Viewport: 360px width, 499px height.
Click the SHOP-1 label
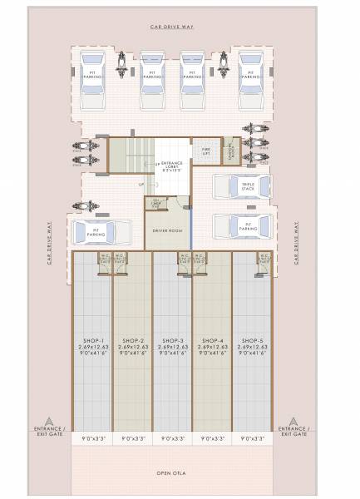92,341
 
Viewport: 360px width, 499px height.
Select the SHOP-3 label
173,341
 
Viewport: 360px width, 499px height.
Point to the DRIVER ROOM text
167,229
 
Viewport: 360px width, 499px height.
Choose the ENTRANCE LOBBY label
171,167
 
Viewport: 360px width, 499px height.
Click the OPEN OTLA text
173,472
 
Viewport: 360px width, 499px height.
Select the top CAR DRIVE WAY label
172,27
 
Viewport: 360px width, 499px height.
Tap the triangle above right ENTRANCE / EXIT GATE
296,420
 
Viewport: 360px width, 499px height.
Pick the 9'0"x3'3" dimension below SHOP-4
213,437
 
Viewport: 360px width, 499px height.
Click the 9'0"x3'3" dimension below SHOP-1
92,437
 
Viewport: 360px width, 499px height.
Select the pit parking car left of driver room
102,230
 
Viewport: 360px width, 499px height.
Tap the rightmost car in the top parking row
250,72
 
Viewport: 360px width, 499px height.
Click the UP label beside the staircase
141,184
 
